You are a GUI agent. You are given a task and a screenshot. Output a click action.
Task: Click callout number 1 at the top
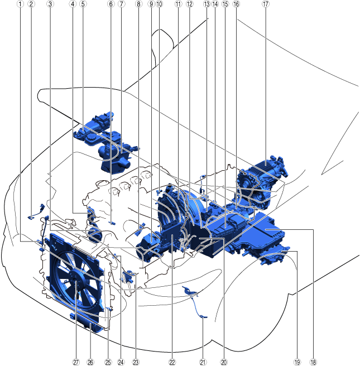(x=20, y=4)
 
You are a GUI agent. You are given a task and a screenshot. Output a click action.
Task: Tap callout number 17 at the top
(x=266, y=4)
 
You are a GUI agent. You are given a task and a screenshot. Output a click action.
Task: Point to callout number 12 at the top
(x=190, y=4)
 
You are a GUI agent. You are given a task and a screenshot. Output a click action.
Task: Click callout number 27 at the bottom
(x=76, y=362)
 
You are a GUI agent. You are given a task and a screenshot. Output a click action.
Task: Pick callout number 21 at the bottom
(x=203, y=362)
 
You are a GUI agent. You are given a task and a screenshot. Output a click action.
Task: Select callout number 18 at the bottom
(x=313, y=362)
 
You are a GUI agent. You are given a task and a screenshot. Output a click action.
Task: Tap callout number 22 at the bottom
(x=172, y=362)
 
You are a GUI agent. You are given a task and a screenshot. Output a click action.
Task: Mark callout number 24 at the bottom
(x=121, y=362)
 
